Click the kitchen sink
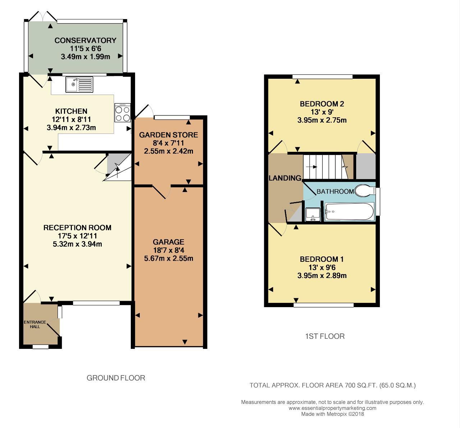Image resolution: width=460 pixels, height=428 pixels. pyautogui.click(x=79, y=85)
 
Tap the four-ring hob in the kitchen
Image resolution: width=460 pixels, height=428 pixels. pyautogui.click(x=123, y=113)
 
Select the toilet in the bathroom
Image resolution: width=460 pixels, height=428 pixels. pyautogui.click(x=365, y=191)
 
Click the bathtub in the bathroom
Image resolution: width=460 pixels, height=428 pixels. pyautogui.click(x=349, y=211)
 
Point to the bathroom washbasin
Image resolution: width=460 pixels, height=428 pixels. pyautogui.click(x=313, y=214)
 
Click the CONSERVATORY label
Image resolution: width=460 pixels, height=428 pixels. pyautogui.click(x=86, y=40)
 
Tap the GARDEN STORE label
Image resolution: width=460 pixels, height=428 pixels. pyautogui.click(x=169, y=135)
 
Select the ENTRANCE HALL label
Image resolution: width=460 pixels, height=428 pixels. pyautogui.click(x=35, y=324)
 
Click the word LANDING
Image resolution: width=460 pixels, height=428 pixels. pyautogui.click(x=285, y=178)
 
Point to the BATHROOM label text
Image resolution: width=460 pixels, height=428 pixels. pyautogui.click(x=335, y=191)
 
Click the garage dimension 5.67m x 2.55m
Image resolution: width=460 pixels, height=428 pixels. pyautogui.click(x=169, y=258)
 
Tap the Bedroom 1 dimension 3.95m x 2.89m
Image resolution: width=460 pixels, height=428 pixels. pyautogui.click(x=322, y=276)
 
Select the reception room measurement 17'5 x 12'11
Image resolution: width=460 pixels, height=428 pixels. pyautogui.click(x=77, y=236)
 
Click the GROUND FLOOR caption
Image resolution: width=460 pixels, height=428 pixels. pyautogui.click(x=116, y=378)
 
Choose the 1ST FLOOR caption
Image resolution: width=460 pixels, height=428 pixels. pyautogui.click(x=325, y=336)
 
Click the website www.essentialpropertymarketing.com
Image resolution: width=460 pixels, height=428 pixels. pyautogui.click(x=332, y=408)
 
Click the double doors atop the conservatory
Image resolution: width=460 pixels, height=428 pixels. pyautogui.click(x=43, y=16)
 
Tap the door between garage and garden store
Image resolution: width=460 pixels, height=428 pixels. pyautogui.click(x=161, y=192)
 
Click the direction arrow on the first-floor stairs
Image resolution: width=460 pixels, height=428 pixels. pyautogui.click(x=312, y=167)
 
